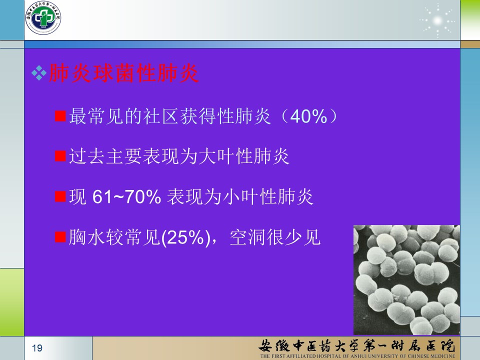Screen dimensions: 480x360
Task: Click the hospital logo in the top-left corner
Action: (x=43, y=18)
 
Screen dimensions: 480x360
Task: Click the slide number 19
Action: (x=37, y=348)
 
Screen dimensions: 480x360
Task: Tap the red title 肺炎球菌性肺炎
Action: (x=123, y=73)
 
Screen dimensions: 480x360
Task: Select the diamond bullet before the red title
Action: (x=39, y=73)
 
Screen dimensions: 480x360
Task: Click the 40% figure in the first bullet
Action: (x=308, y=116)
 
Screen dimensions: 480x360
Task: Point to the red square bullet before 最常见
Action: (x=60, y=116)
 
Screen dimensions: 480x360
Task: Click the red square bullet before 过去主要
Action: (x=60, y=156)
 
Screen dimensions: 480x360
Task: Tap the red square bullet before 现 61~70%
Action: (x=60, y=196)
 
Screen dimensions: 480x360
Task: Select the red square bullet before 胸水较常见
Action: (x=60, y=236)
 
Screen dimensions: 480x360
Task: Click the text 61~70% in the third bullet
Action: (x=126, y=196)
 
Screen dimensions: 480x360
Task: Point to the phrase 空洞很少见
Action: (x=275, y=237)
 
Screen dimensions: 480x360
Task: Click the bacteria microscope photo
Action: (x=406, y=280)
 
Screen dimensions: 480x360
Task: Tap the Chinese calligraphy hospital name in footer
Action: (x=357, y=346)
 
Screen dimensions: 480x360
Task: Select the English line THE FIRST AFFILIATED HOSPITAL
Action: (x=357, y=356)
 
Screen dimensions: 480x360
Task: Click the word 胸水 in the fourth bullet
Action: (x=87, y=237)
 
